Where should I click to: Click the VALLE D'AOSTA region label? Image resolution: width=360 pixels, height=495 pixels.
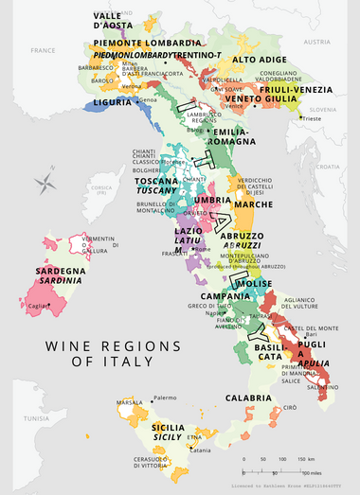tap(112, 22)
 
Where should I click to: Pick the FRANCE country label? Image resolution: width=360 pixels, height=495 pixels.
tap(43, 48)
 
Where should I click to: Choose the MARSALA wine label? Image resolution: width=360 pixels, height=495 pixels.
tap(129, 402)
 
